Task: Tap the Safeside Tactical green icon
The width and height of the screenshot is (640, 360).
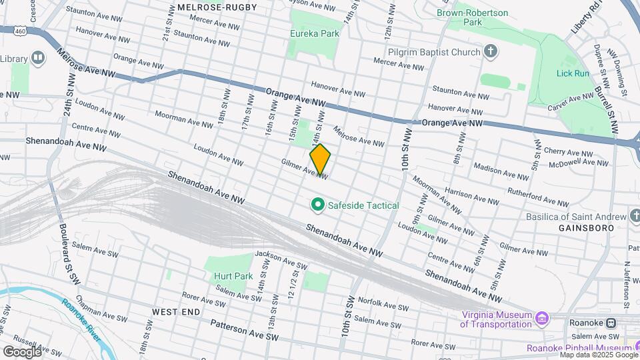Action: [318, 205]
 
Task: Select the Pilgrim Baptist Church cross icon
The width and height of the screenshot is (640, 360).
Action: [491, 52]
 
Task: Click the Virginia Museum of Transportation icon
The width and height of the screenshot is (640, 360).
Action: [541, 319]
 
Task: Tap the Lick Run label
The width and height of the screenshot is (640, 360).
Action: [573, 73]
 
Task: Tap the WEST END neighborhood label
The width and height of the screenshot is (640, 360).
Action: [175, 311]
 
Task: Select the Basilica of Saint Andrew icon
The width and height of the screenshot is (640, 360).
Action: [635, 217]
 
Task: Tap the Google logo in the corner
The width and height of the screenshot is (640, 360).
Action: [21, 351]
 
